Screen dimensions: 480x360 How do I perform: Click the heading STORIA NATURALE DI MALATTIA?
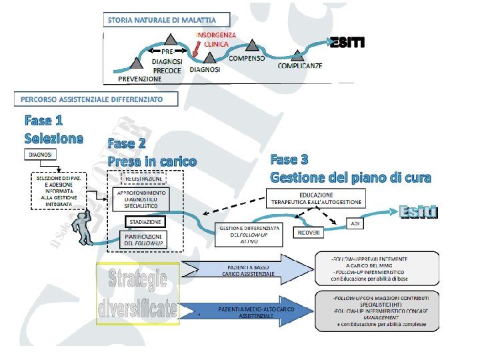167,20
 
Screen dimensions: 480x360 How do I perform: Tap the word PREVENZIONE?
140,79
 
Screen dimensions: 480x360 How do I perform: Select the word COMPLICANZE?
300,65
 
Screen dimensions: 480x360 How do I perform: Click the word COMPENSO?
247,58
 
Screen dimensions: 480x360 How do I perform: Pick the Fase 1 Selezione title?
53,129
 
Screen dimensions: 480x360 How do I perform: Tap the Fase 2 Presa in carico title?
152,153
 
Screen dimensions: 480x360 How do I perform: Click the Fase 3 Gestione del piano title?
350,169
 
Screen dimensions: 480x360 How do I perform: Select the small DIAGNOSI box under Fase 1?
42,155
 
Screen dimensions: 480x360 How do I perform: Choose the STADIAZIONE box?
145,221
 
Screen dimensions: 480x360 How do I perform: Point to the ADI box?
355,224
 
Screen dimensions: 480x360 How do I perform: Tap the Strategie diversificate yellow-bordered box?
137,293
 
